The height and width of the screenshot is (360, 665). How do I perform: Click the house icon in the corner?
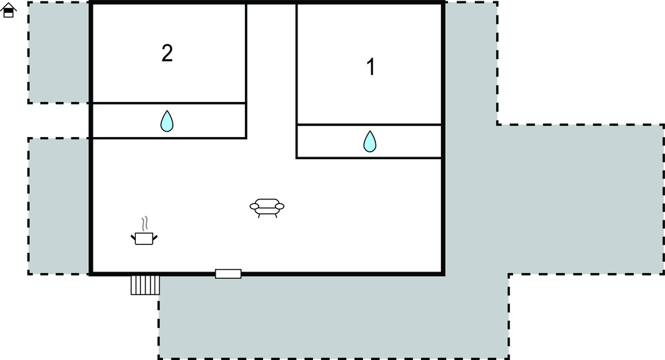(x=8, y=10)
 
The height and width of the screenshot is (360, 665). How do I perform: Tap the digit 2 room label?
(x=167, y=53)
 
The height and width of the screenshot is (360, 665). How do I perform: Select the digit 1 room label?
(x=371, y=67)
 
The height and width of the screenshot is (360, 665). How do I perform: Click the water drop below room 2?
(x=167, y=121)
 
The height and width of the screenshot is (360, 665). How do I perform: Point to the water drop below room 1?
(x=370, y=142)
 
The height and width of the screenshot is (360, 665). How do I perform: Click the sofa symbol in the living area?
(x=267, y=207)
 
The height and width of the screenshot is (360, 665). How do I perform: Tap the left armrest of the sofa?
(x=255, y=207)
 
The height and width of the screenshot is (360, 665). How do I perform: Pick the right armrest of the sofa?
(x=279, y=207)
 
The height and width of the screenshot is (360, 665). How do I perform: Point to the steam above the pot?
(x=145, y=224)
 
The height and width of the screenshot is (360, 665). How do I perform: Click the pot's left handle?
(x=133, y=238)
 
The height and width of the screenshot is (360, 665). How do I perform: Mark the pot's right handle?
(x=155, y=237)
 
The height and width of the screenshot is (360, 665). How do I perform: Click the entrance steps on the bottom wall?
(x=145, y=285)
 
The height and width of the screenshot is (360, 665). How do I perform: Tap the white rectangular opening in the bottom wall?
(x=228, y=274)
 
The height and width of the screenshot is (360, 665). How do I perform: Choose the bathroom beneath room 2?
(x=169, y=121)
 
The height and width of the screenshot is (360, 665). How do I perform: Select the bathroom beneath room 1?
(x=369, y=142)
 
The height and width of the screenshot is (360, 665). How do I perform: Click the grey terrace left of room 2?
(x=59, y=52)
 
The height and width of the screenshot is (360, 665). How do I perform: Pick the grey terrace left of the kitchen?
(x=59, y=206)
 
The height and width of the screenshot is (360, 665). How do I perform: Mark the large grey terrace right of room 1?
(x=551, y=199)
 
